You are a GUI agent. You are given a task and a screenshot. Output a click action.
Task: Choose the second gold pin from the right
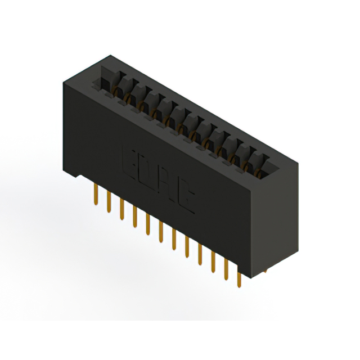point(226,270)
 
